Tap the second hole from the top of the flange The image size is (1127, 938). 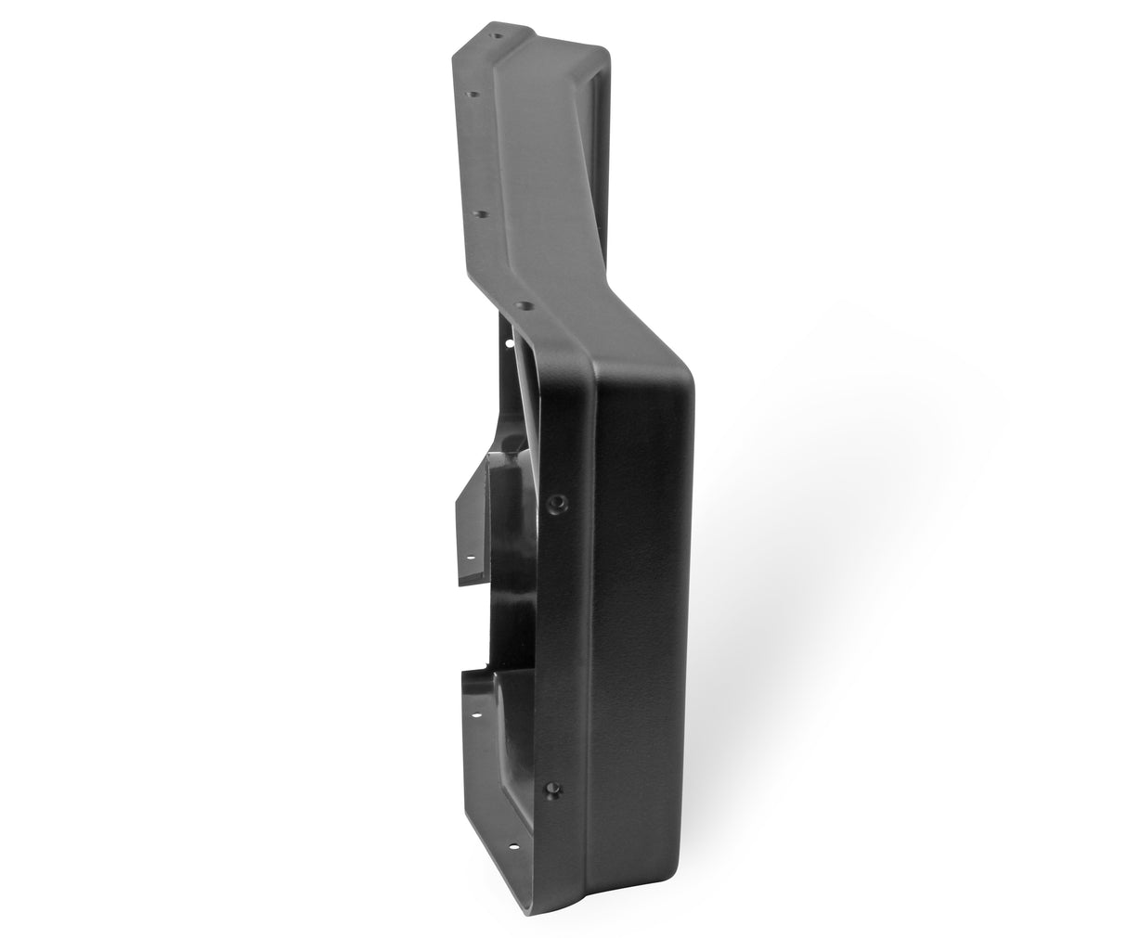coord(473,94)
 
